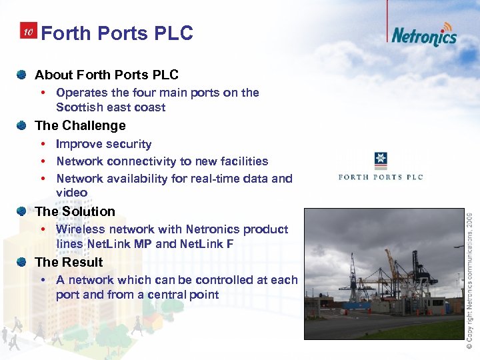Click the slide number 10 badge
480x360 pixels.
pyautogui.click(x=27, y=32)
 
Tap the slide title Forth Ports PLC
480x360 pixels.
pyautogui.click(x=117, y=33)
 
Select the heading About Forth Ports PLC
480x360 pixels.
pyautogui.click(x=106, y=75)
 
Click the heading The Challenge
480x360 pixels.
pyautogui.click(x=80, y=125)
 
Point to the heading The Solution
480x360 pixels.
pyautogui.click(x=75, y=211)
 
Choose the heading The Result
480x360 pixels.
pyautogui.click(x=69, y=262)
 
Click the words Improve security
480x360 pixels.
pyautogui.click(x=103, y=144)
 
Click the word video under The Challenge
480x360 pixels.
pyautogui.click(x=71, y=193)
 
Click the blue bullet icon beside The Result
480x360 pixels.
pyautogui.click(x=23, y=261)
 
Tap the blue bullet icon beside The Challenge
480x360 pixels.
pyautogui.click(x=23, y=125)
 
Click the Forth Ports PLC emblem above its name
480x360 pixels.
pyautogui.click(x=381, y=161)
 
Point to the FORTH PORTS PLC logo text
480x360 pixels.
pyautogui.click(x=381, y=177)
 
